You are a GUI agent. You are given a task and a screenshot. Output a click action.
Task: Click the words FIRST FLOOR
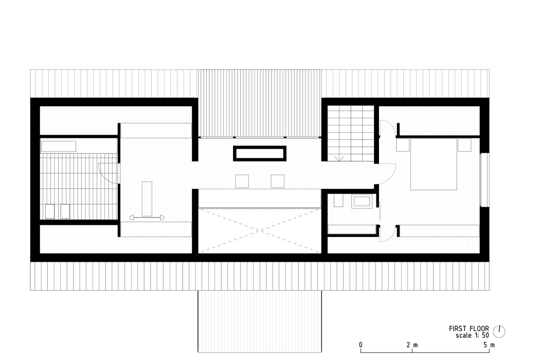click(469, 328)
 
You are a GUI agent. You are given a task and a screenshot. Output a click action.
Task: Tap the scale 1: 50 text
click(472, 335)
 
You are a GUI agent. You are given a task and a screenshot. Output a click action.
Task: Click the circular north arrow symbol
click(499, 331)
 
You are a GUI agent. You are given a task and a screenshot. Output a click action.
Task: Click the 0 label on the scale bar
click(361, 345)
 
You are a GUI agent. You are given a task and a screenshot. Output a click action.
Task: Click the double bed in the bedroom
click(433, 165)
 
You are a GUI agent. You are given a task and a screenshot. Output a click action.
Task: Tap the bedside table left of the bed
click(402, 145)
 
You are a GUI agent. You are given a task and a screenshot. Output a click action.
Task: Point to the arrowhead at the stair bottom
click(339, 159)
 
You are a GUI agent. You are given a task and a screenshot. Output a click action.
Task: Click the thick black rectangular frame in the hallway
click(259, 154)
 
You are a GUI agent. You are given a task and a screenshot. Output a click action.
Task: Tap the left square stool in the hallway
click(242, 181)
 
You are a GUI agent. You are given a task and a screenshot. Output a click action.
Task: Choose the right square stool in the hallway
click(278, 181)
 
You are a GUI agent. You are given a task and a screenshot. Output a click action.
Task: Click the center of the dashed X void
click(259, 230)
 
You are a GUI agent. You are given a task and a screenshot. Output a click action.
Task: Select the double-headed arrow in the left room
click(147, 218)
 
